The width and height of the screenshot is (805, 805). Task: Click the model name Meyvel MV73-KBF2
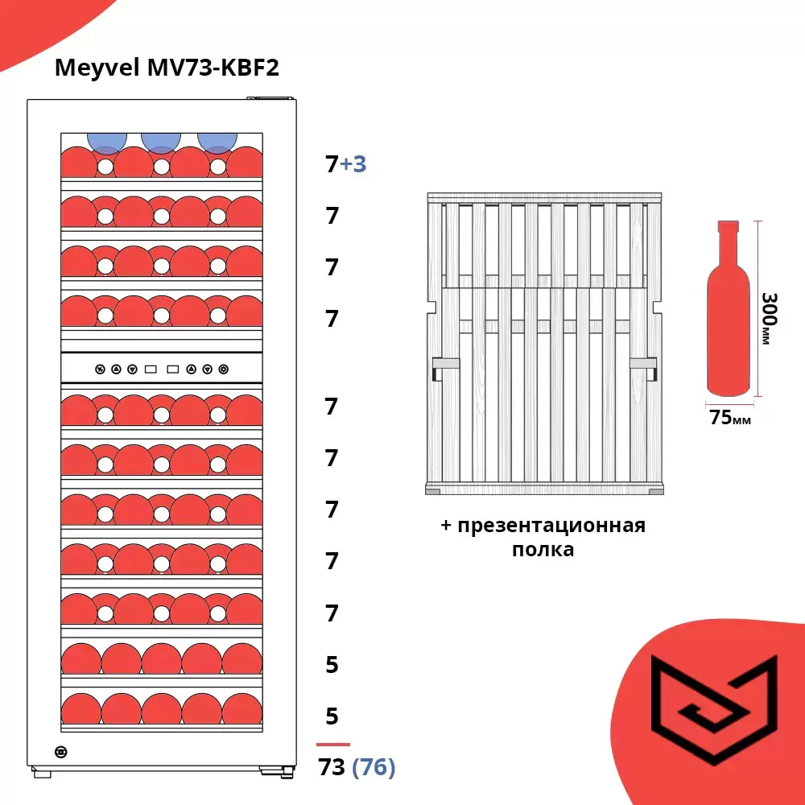[x=167, y=68]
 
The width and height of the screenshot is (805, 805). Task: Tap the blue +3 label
[x=353, y=164]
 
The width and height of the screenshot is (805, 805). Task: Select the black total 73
[x=332, y=768]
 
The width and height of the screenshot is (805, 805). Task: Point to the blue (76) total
[x=374, y=768]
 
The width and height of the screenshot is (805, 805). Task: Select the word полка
[x=543, y=550]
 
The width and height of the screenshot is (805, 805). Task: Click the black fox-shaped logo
[x=714, y=708]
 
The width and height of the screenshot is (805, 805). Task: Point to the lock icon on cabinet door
[x=61, y=752]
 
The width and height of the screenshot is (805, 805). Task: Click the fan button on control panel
[x=100, y=370]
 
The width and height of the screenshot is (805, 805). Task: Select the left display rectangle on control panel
[x=151, y=370]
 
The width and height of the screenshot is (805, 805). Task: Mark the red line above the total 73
[x=333, y=745]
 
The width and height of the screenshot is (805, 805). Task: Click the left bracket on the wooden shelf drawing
[x=445, y=367]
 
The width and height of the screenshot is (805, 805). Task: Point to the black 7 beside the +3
[x=332, y=164]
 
